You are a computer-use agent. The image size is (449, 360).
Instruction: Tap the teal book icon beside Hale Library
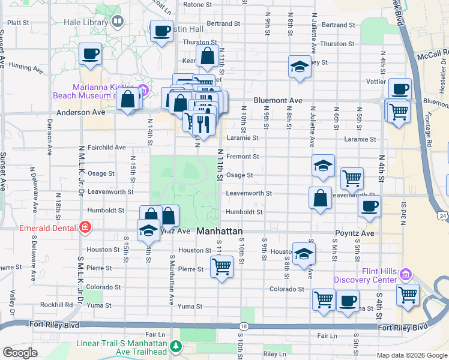(118, 23)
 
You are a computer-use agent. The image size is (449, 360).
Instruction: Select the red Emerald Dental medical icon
(85, 227)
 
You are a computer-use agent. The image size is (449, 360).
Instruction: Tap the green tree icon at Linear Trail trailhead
(176, 346)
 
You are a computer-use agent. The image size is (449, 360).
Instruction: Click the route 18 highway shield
(243, 326)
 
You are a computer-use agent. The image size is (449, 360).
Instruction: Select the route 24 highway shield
(442, 215)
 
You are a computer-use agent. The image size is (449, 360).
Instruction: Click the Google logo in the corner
(20, 353)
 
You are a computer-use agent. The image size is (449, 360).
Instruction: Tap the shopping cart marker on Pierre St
(221, 266)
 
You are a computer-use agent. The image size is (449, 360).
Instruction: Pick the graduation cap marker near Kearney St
(300, 67)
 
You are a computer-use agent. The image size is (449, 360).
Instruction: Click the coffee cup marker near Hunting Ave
(90, 54)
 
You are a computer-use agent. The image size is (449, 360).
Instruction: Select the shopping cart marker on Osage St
(352, 178)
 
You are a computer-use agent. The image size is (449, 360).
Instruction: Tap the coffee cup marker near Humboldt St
(369, 206)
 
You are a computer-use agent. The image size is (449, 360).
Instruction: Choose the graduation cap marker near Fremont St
(323, 165)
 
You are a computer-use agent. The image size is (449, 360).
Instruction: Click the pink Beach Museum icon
(142, 91)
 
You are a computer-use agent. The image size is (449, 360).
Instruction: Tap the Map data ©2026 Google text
(412, 355)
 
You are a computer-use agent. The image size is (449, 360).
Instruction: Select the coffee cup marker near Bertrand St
(161, 31)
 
